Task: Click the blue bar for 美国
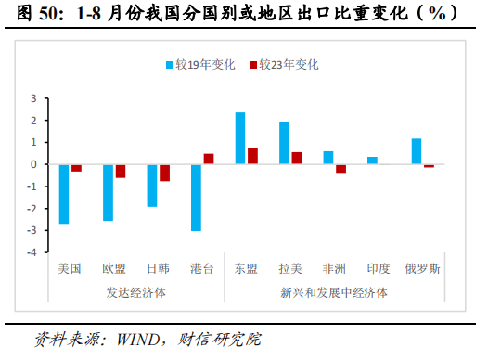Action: [x=64, y=194]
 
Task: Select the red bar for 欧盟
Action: [x=121, y=171]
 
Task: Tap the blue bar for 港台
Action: [x=196, y=198]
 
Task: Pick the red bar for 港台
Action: [x=209, y=159]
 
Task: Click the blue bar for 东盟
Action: [x=240, y=138]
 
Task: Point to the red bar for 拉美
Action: [x=297, y=158]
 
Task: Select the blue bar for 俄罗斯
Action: [x=417, y=151]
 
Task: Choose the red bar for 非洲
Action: [x=341, y=168]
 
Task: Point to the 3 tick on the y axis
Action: [x=33, y=98]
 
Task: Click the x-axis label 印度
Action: [x=379, y=269]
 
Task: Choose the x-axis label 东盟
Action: [x=247, y=269]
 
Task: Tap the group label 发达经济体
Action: [x=135, y=292]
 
